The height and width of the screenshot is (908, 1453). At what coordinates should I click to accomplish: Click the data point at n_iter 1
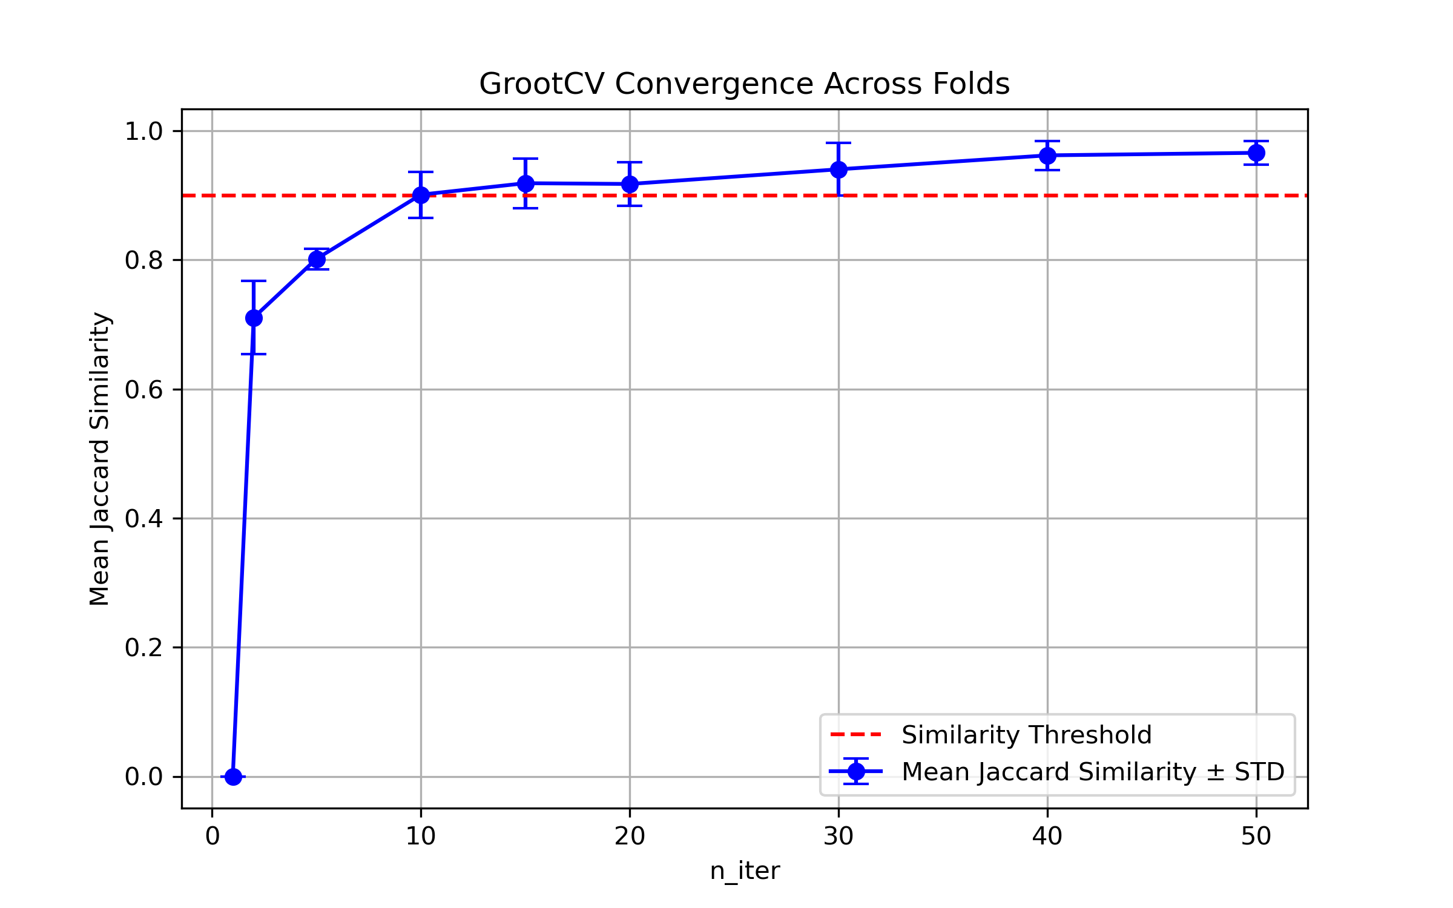pyautogui.click(x=233, y=777)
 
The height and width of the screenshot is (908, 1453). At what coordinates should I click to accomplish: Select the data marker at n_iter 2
pyautogui.click(x=254, y=318)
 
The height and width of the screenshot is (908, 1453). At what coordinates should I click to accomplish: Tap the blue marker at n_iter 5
pyautogui.click(x=317, y=259)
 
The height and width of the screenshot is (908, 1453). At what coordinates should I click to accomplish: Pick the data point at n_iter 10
pyautogui.click(x=421, y=195)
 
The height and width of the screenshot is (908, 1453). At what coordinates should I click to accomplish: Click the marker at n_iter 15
pyautogui.click(x=526, y=183)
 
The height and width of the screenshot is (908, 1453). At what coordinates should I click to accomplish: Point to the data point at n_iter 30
pyautogui.click(x=839, y=169)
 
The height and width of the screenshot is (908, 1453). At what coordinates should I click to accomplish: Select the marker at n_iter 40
pyautogui.click(x=1047, y=156)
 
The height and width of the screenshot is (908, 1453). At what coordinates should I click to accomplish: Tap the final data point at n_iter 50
pyautogui.click(x=1256, y=153)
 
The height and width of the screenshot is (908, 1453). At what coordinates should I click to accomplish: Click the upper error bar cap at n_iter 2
pyautogui.click(x=254, y=281)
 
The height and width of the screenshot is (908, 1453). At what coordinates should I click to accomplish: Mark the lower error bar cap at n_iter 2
pyautogui.click(x=254, y=354)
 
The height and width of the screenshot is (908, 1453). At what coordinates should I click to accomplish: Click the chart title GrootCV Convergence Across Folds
pyautogui.click(x=744, y=84)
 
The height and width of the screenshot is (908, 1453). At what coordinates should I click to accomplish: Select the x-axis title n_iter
pyautogui.click(x=745, y=871)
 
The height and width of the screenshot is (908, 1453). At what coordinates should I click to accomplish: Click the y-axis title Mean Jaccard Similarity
pyautogui.click(x=99, y=459)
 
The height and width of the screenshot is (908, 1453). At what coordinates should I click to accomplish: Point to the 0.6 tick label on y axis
pyautogui.click(x=143, y=390)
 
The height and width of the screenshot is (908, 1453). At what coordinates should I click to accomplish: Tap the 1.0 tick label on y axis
pyautogui.click(x=143, y=131)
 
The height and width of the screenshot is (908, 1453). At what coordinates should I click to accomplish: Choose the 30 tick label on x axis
pyautogui.click(x=839, y=837)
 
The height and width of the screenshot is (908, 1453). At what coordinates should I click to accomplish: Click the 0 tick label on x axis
pyautogui.click(x=213, y=837)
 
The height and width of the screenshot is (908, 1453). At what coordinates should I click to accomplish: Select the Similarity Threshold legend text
pyautogui.click(x=1026, y=735)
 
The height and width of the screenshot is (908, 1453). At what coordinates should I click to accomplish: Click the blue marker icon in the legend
pyautogui.click(x=856, y=771)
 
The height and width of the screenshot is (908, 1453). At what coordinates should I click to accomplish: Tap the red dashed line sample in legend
pyautogui.click(x=856, y=735)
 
